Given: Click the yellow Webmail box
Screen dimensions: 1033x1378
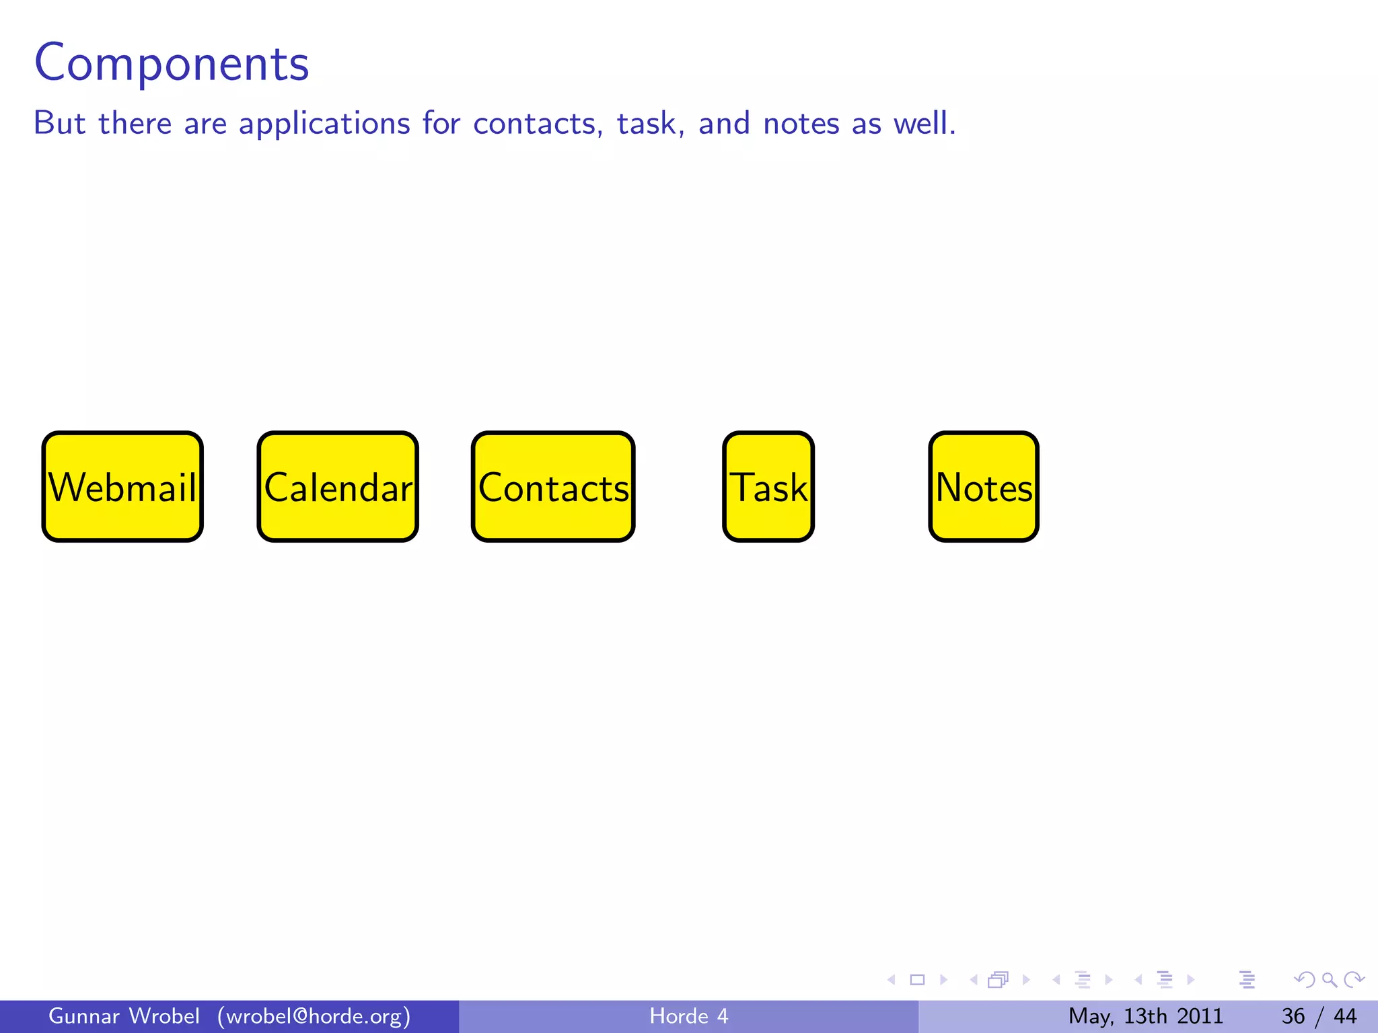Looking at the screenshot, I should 122,487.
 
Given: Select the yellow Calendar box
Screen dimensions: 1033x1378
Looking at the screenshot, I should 338,487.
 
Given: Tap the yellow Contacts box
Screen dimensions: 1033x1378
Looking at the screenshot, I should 553,487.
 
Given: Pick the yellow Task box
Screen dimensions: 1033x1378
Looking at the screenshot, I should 768,487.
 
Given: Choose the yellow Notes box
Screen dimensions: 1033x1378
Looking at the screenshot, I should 984,487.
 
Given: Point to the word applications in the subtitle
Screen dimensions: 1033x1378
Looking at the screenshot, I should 324,124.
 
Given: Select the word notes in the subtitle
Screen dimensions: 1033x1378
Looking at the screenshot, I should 801,124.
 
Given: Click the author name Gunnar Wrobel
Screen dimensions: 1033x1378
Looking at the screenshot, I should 124,1016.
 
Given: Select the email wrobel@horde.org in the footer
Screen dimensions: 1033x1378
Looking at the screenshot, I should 314,1016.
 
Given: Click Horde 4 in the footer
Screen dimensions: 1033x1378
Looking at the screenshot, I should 689,1016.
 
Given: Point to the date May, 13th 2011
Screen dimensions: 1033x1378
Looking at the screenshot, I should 1145,1016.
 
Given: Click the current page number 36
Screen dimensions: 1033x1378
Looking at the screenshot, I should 1293,1016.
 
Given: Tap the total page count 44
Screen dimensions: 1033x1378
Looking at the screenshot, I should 1345,1016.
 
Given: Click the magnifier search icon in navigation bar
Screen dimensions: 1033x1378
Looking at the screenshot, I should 1329,980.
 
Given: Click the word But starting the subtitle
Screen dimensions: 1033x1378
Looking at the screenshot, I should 59,124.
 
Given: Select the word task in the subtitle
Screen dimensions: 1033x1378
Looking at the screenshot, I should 647,124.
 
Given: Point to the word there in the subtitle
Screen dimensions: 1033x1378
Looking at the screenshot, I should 135,124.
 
